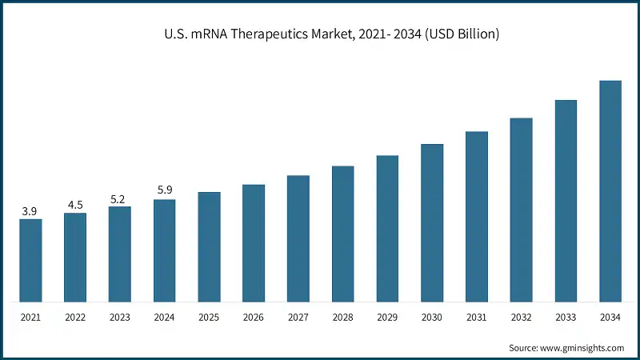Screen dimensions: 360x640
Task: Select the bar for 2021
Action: [x=30, y=260]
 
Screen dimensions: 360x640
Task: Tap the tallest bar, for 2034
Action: [x=610, y=191]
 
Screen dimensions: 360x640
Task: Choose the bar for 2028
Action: [x=342, y=234]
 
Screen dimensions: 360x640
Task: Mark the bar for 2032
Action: [x=521, y=210]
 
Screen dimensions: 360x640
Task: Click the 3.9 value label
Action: [x=30, y=211]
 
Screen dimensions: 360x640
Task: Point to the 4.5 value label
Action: [x=75, y=205]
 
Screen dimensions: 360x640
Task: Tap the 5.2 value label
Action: [x=119, y=199]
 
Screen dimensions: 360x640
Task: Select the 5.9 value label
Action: [x=164, y=190]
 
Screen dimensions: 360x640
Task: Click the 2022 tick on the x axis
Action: [x=75, y=318]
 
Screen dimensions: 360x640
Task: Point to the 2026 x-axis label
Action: [x=254, y=318]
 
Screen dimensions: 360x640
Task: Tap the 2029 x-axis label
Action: [x=387, y=318]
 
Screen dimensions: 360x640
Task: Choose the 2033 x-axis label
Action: [x=566, y=318]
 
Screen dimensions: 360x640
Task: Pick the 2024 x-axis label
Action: [x=164, y=318]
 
